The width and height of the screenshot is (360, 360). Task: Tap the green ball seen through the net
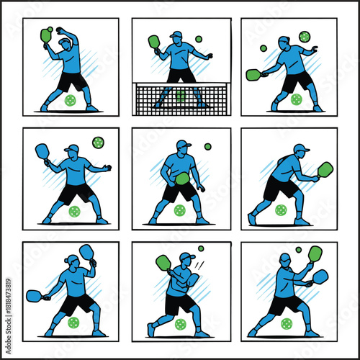click(x=181, y=95)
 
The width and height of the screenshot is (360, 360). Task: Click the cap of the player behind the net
click(x=176, y=34)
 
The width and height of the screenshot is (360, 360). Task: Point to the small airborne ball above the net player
click(x=199, y=39)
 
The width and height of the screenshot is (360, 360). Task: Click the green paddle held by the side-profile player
click(x=325, y=170)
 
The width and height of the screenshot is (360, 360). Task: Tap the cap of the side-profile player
click(x=301, y=148)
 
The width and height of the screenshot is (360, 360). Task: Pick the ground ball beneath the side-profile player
click(x=281, y=210)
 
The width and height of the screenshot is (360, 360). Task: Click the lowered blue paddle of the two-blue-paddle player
click(x=34, y=295)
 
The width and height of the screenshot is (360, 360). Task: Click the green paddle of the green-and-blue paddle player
click(x=315, y=253)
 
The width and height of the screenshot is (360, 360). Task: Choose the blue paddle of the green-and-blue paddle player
click(x=320, y=276)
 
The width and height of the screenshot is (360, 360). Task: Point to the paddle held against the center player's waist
click(x=182, y=178)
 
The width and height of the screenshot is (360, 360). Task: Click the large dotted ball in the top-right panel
click(x=304, y=36)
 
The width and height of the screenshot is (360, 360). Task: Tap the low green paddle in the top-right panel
click(x=253, y=74)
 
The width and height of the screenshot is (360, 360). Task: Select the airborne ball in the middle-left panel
click(x=97, y=142)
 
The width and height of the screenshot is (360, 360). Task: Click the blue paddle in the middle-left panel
click(x=42, y=151)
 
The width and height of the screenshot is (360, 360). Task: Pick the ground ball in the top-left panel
click(x=71, y=101)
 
